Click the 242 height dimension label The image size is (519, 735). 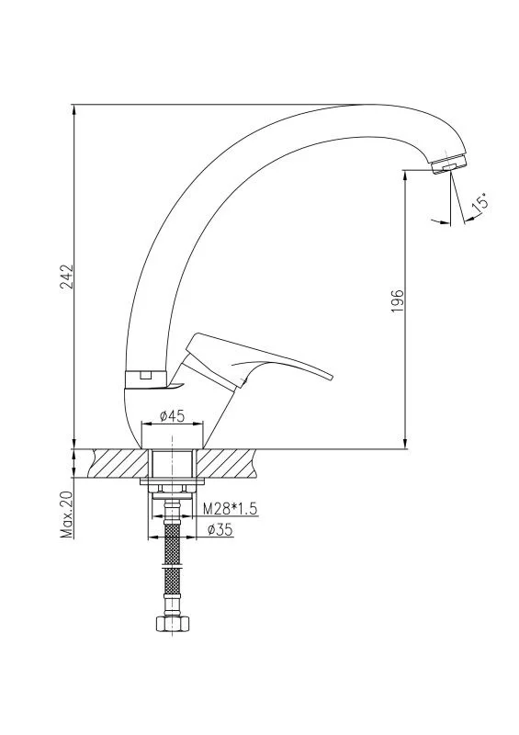pos(67,278)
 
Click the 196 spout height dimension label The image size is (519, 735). pos(397,301)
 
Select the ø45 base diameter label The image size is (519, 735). pos(173,415)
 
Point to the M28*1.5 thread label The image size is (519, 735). pos(230,509)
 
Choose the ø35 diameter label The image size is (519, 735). pos(220,529)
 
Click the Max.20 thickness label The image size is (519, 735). pos(67,514)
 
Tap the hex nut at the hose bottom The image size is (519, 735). pos(173,624)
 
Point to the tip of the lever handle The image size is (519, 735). pos(330,377)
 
